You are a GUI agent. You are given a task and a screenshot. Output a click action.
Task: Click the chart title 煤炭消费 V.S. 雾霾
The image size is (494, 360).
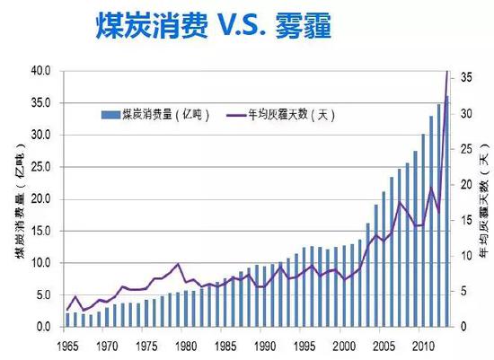pos(212,28)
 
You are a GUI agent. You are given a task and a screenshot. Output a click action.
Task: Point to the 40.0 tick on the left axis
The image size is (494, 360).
pos(42,71)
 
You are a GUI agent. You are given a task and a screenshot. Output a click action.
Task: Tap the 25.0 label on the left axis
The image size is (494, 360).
pos(42,167)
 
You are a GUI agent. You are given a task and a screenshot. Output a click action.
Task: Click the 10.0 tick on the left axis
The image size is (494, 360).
pos(42,263)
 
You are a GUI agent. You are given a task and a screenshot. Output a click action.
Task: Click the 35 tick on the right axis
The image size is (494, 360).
pos(466,78)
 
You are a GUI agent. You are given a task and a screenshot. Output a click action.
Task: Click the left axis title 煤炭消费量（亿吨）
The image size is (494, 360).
pos(19,199)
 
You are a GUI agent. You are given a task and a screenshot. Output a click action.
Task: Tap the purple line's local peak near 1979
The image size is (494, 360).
pos(178,264)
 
